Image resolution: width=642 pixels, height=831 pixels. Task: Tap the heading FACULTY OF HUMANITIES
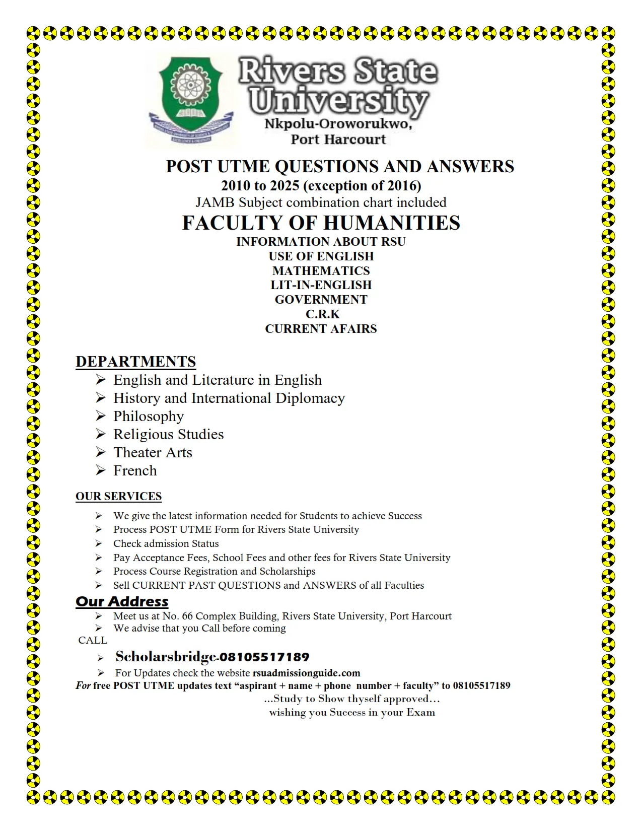tap(321, 223)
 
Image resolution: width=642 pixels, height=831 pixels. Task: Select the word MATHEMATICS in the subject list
tap(321, 270)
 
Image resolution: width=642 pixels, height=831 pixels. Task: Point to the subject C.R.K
tap(322, 314)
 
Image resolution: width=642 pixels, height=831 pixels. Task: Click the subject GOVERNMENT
tap(321, 299)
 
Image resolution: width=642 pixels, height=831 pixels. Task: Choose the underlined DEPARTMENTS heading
tap(135, 362)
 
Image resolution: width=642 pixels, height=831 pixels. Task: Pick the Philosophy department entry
tap(149, 416)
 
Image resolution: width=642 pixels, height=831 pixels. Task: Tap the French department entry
tap(135, 470)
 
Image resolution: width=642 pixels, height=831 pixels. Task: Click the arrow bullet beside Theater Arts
tap(101, 452)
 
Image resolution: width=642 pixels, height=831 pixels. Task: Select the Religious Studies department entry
tap(168, 434)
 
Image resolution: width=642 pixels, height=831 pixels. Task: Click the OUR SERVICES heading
tap(118, 496)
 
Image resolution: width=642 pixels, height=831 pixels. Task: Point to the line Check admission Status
tap(166, 543)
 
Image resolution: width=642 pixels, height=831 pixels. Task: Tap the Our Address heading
tap(122, 601)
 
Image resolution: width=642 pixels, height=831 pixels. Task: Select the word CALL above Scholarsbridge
tap(93, 640)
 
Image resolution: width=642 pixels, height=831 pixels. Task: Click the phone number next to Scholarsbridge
tap(264, 657)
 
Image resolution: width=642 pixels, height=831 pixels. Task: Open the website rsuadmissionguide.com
tap(306, 673)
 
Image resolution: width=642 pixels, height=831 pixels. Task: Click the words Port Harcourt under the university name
tap(338, 140)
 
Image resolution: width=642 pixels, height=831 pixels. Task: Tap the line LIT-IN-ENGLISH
tap(321, 285)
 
